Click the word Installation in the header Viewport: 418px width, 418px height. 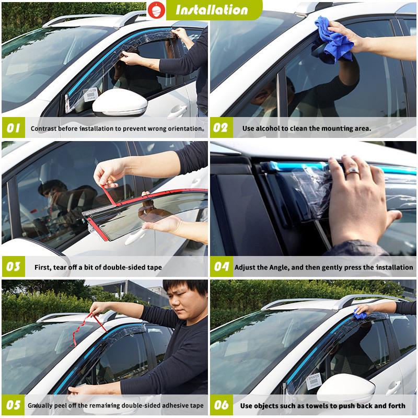click(x=212, y=10)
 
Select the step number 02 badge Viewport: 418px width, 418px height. click(x=221, y=128)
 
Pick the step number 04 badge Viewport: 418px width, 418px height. click(x=221, y=267)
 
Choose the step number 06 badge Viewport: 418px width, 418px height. click(x=221, y=405)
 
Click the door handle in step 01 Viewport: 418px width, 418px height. click(x=177, y=111)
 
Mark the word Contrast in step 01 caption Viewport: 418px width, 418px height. click(x=44, y=128)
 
